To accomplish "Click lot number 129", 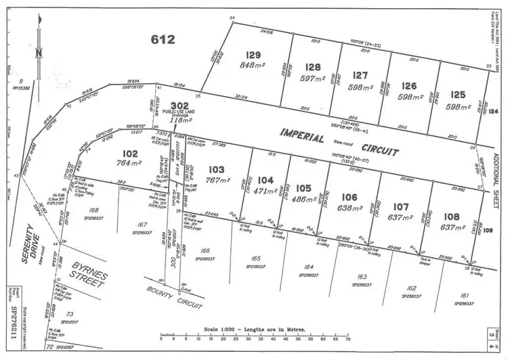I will click(x=253, y=55).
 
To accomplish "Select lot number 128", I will click(x=312, y=67).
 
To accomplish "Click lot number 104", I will click(x=266, y=181).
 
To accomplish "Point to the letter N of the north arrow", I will click(x=39, y=51).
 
